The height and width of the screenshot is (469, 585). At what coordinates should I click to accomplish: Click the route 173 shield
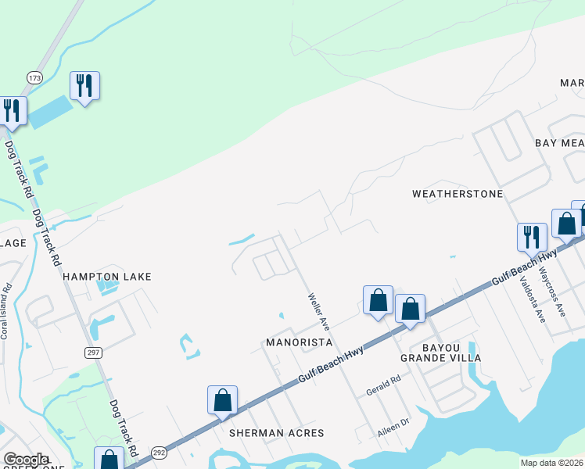coord(34,78)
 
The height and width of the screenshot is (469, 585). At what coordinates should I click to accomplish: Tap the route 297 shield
coord(93,353)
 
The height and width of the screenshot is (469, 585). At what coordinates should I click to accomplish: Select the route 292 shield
coord(159,452)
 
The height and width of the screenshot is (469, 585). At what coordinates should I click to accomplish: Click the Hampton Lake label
coord(106,277)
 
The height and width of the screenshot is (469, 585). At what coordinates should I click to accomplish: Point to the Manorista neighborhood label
coord(299,342)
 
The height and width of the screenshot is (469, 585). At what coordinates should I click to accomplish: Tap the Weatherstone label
coord(458,193)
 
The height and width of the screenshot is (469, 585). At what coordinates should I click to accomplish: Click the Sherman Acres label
coord(276,432)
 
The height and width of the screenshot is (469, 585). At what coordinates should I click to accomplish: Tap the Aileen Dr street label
coord(394,422)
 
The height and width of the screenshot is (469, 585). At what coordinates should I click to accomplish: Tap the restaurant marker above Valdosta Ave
coord(532,236)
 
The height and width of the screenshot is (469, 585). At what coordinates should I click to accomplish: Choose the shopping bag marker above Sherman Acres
coord(223,399)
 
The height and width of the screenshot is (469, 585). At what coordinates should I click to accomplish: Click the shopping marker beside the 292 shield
coord(109,460)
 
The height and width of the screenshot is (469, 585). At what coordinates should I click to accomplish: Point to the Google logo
coord(25,460)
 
